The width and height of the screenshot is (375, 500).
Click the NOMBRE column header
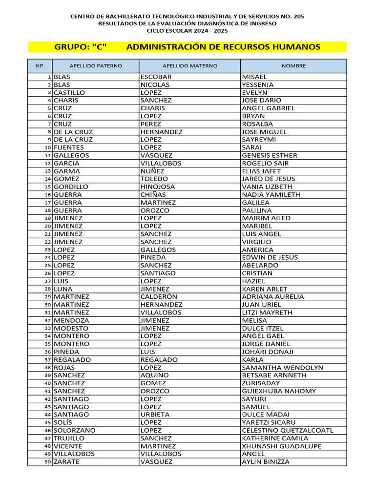(x=293, y=65)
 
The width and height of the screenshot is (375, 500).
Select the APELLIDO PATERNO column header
(x=96, y=65)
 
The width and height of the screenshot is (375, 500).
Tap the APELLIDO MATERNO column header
(x=189, y=65)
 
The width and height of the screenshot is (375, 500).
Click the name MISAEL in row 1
(x=254, y=77)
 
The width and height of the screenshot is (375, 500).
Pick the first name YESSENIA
(x=258, y=85)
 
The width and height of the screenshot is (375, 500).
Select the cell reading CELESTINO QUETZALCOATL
(x=288, y=431)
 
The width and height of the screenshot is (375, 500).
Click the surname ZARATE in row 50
(x=66, y=462)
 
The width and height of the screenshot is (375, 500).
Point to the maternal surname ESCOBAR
(x=156, y=77)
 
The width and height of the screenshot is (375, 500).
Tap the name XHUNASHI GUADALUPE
(x=282, y=446)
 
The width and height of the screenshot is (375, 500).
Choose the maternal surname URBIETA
(x=155, y=415)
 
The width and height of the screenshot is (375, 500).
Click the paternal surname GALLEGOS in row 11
(x=71, y=155)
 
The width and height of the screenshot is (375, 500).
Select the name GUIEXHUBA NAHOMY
(x=279, y=391)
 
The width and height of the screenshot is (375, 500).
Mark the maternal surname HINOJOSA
(x=157, y=187)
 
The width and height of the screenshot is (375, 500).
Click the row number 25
(x=48, y=266)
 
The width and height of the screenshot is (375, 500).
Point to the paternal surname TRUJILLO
(x=69, y=438)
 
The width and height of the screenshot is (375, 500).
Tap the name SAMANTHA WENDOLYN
(x=282, y=368)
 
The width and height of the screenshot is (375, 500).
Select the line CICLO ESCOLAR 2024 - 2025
(x=187, y=30)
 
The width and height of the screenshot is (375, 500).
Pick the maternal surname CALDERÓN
(x=159, y=297)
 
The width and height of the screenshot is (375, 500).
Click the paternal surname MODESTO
(x=71, y=329)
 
